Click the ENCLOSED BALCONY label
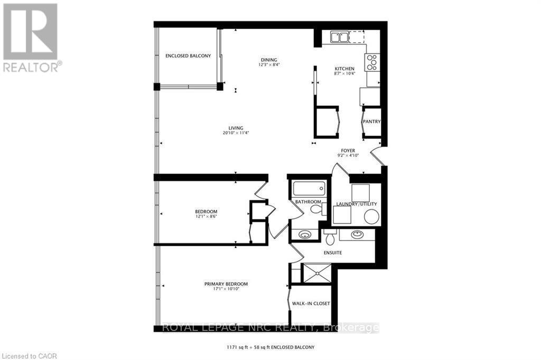(x=188, y=56)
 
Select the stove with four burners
(x=372, y=63)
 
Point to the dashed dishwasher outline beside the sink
(x=357, y=37)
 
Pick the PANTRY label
(x=371, y=122)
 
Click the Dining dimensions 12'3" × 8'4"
(x=268, y=65)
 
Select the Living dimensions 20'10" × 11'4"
(x=236, y=133)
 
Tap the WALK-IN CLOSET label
(x=311, y=303)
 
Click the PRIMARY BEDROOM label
(x=226, y=284)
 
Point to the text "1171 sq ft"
(x=237, y=347)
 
